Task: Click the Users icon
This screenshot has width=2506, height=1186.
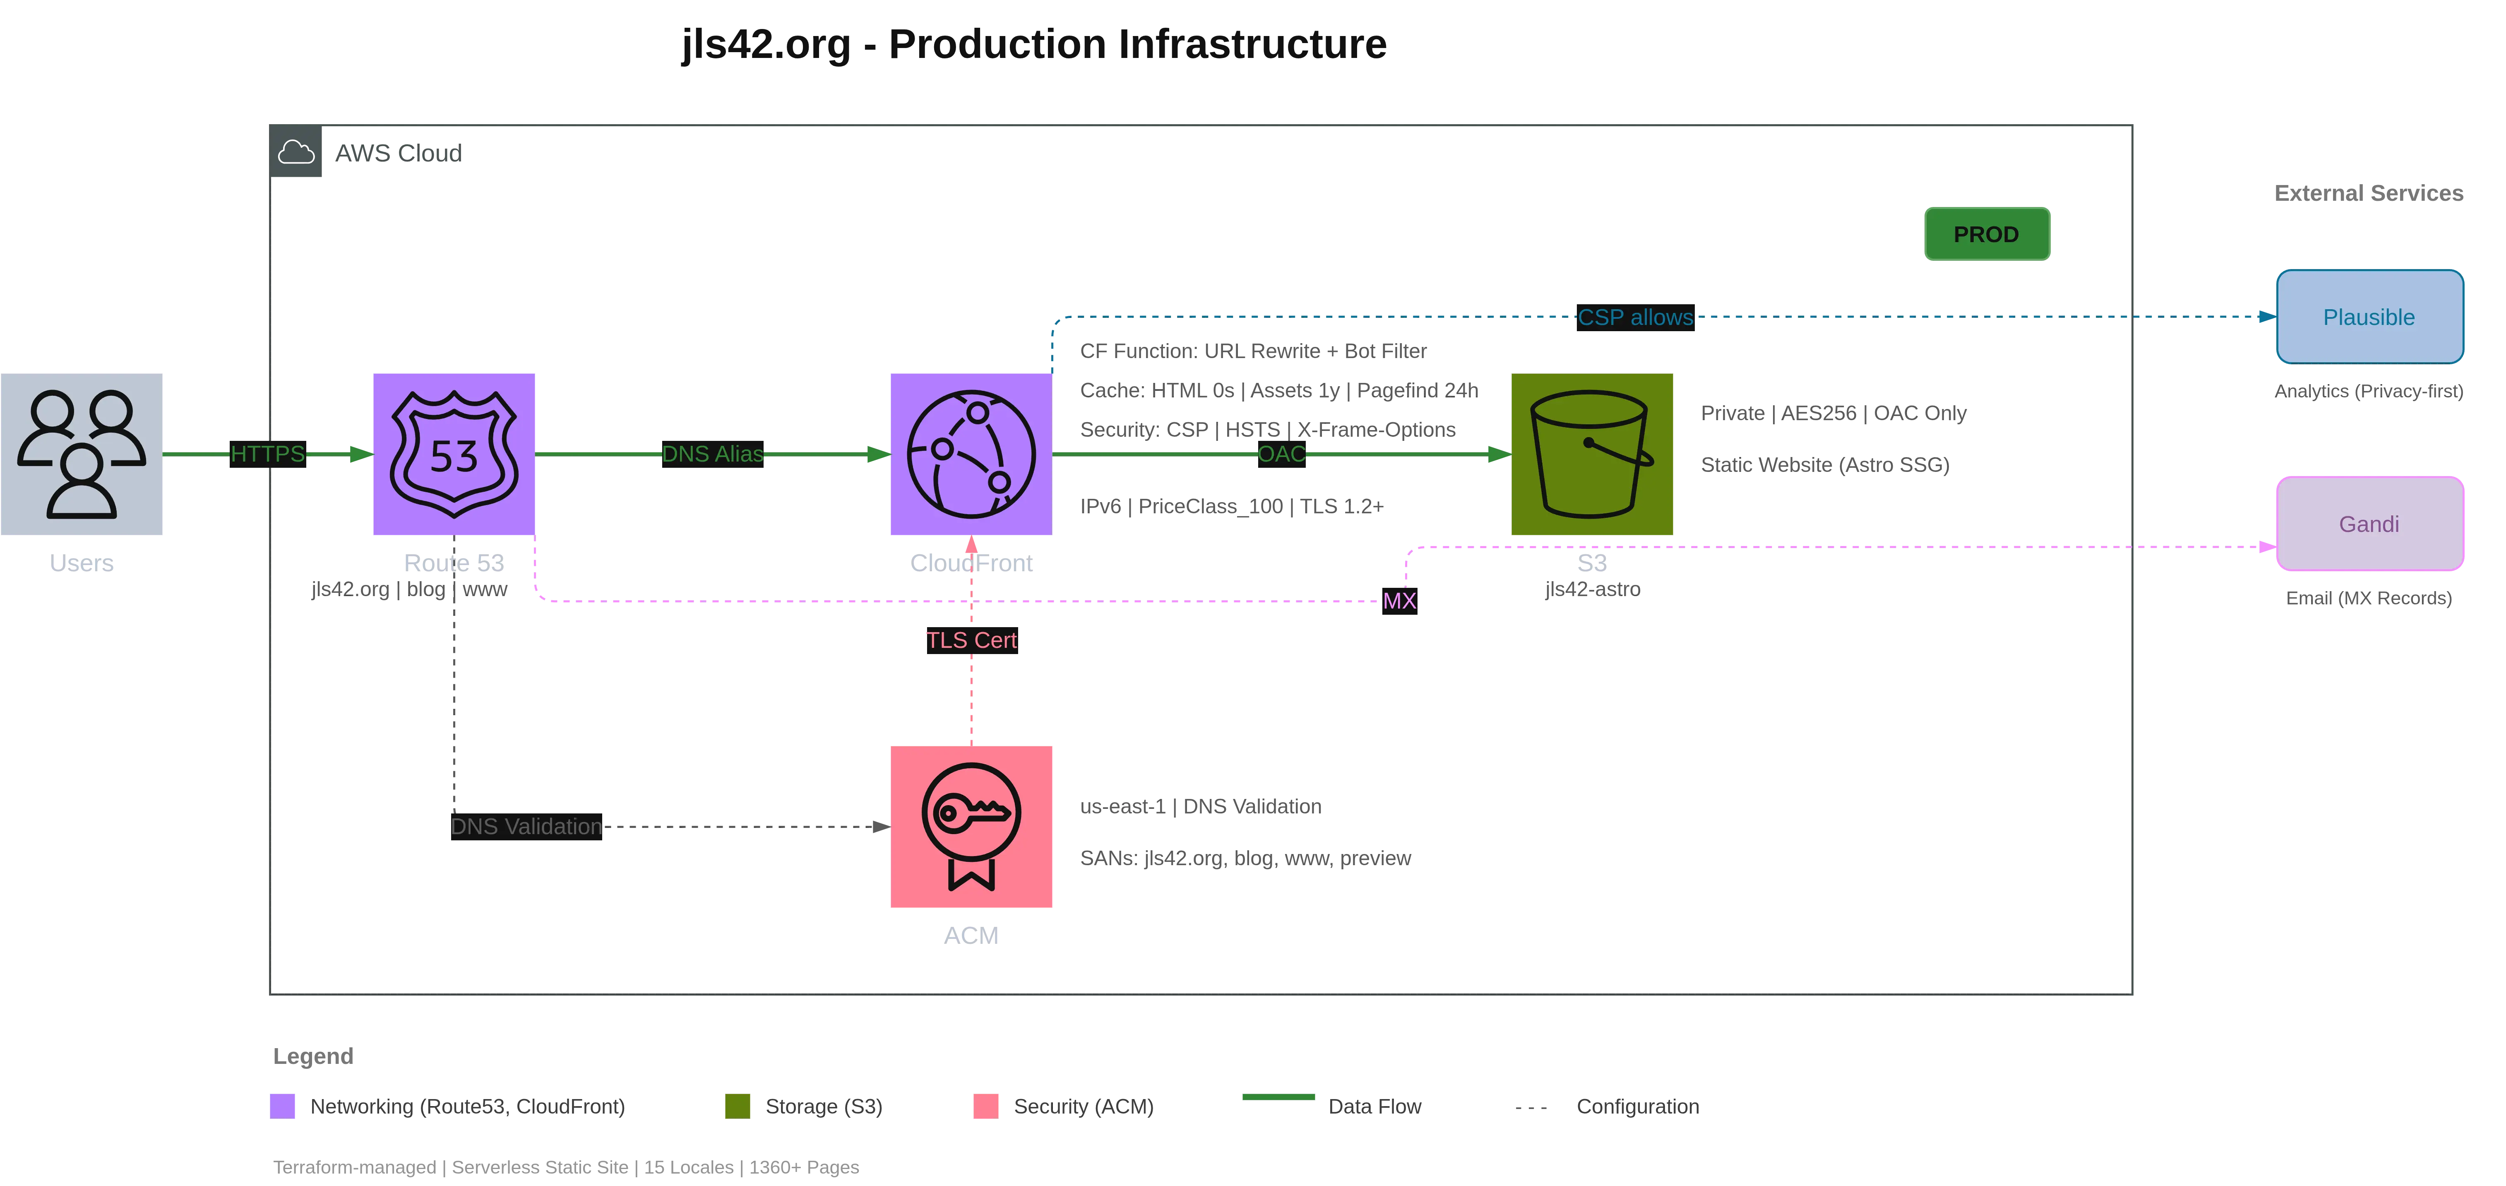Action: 83,453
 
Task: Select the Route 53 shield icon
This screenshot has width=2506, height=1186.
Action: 453,453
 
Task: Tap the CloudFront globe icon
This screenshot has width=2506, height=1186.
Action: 971,453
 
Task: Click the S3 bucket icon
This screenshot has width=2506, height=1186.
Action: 1591,453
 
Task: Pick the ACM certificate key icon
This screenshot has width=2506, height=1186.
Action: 971,827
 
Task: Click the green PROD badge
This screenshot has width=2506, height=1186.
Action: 1987,234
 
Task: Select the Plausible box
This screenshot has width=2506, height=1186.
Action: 2369,317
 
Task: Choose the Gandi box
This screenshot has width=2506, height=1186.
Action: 2369,523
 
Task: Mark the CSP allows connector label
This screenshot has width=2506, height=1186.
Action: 1634,317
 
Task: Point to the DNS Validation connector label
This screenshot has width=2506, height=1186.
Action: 525,826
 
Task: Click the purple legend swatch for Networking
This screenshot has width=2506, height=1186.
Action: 283,1106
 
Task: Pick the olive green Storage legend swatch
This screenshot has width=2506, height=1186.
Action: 738,1106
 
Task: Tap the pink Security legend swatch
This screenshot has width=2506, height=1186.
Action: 986,1106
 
